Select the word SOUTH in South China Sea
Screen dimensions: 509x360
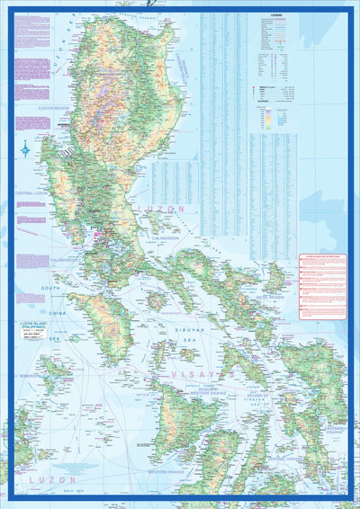point(50,289)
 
